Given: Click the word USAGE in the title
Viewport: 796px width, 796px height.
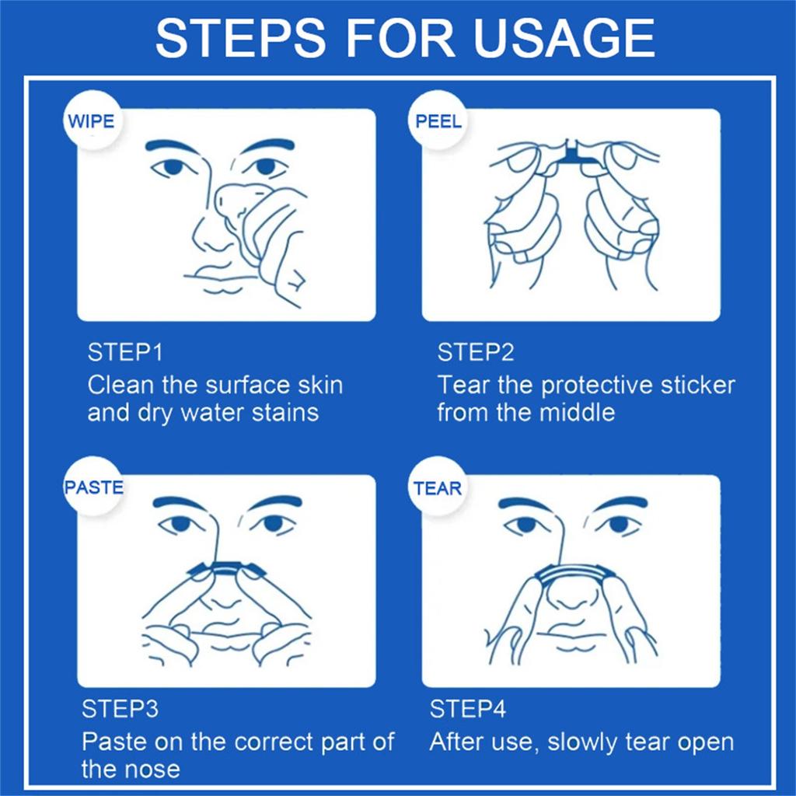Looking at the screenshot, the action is [564, 38].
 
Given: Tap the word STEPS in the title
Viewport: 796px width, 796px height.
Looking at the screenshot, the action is [241, 38].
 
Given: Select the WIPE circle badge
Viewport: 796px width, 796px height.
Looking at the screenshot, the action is [92, 120].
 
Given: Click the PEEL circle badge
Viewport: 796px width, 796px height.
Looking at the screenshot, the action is [438, 120].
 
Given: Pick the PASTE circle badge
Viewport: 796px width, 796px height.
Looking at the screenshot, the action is [93, 487].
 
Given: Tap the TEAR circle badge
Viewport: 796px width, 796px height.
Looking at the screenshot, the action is [438, 487].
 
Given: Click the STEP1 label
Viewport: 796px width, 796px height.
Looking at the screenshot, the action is [125, 352].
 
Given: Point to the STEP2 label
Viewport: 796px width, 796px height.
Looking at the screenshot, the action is [476, 352].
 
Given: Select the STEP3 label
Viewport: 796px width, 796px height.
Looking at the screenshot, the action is [120, 709].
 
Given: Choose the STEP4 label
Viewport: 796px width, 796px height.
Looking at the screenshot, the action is [467, 709].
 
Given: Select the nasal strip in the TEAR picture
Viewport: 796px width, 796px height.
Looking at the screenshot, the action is [574, 575].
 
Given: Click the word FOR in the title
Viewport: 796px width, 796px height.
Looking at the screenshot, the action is [400, 38].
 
